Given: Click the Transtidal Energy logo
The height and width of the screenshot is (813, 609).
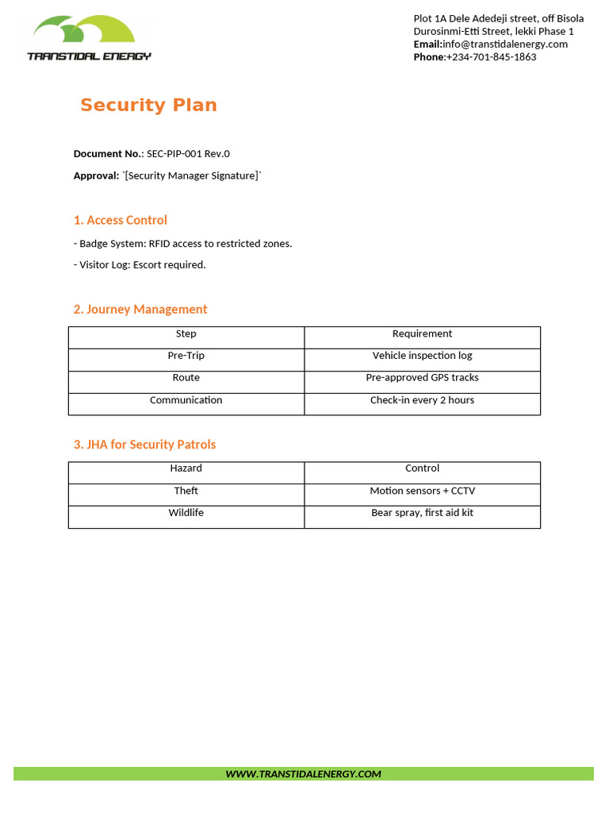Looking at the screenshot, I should [89, 37].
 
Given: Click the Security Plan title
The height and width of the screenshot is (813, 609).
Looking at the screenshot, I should [148, 106].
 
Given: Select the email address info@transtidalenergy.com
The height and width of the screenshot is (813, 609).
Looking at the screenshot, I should [505, 44].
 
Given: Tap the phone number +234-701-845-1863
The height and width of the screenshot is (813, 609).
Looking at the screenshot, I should [491, 57].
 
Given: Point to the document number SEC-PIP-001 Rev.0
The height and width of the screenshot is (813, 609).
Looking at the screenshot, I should [188, 154].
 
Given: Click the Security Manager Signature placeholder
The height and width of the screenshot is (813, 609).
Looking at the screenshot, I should [191, 175].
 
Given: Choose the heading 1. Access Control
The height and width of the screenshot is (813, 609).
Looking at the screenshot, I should [121, 220].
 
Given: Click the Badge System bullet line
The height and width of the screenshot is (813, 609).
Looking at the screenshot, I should [182, 244].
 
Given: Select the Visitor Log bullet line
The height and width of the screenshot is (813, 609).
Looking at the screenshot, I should [140, 265].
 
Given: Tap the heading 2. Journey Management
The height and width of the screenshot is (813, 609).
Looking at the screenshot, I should [140, 310].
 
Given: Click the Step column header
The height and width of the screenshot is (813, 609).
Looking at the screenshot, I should [186, 334].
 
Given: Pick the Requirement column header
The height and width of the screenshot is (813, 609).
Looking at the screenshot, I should [422, 334].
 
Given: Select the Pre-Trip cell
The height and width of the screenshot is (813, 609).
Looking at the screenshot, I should [186, 356].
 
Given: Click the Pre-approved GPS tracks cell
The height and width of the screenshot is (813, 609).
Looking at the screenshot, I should [422, 378].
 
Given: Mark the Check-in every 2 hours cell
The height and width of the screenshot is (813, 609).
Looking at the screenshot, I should [422, 400].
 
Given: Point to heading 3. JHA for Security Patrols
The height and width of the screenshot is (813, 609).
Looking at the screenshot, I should [144, 445].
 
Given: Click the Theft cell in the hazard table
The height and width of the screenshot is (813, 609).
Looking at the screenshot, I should [186, 491].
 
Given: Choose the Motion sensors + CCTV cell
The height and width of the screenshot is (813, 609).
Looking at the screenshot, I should [422, 491].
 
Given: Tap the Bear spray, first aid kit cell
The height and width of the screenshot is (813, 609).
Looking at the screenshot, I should [422, 513].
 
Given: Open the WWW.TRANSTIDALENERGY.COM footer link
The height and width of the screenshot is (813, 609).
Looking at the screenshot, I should [303, 774].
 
